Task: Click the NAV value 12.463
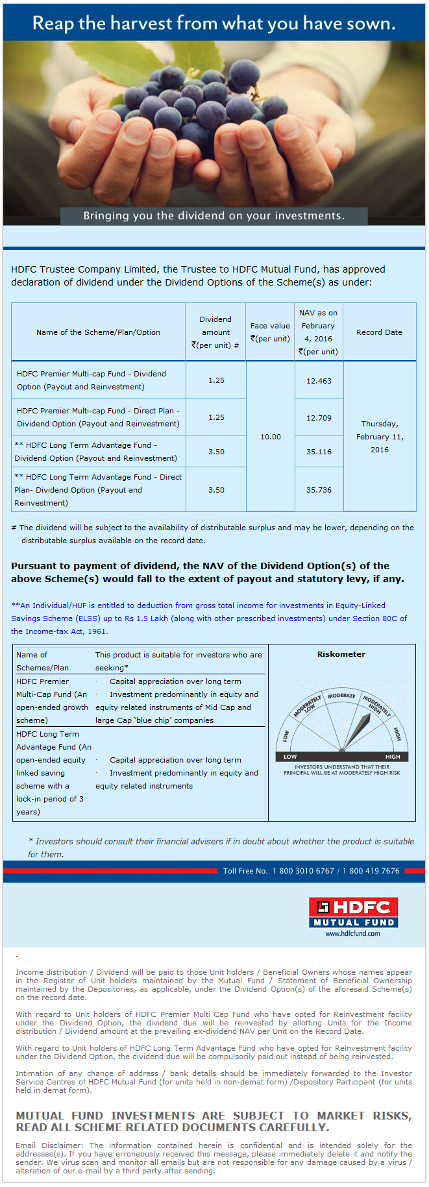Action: (319, 381)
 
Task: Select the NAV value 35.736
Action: (319, 490)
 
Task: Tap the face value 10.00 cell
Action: (271, 437)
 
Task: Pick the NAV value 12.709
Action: (319, 418)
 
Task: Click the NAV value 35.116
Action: (319, 452)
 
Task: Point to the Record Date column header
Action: (379, 332)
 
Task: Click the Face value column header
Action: (270, 332)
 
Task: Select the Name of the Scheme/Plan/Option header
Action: (98, 332)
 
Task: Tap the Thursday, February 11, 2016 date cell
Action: (380, 437)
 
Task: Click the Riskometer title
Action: (341, 654)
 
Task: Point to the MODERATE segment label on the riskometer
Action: (341, 696)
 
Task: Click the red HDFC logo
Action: (354, 907)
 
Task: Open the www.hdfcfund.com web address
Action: (353, 933)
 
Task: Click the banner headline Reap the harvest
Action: (214, 23)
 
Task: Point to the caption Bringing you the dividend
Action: (214, 216)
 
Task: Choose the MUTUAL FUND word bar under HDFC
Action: (354, 922)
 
